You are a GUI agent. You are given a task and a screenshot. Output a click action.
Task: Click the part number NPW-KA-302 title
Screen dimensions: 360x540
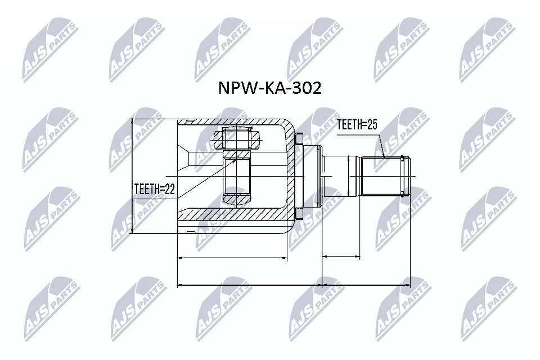point(270,89)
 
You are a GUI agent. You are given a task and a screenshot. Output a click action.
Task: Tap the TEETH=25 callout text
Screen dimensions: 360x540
point(356,125)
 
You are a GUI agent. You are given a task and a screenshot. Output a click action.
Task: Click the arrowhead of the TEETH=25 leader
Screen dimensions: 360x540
point(384,156)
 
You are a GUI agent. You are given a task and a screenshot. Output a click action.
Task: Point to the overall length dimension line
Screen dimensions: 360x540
point(292,285)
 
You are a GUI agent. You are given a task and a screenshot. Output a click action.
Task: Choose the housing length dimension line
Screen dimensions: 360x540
point(232,258)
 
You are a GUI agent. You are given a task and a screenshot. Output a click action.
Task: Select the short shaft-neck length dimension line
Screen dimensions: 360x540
point(341,258)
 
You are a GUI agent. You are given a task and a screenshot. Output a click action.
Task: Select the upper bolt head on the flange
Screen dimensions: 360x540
point(299,138)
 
